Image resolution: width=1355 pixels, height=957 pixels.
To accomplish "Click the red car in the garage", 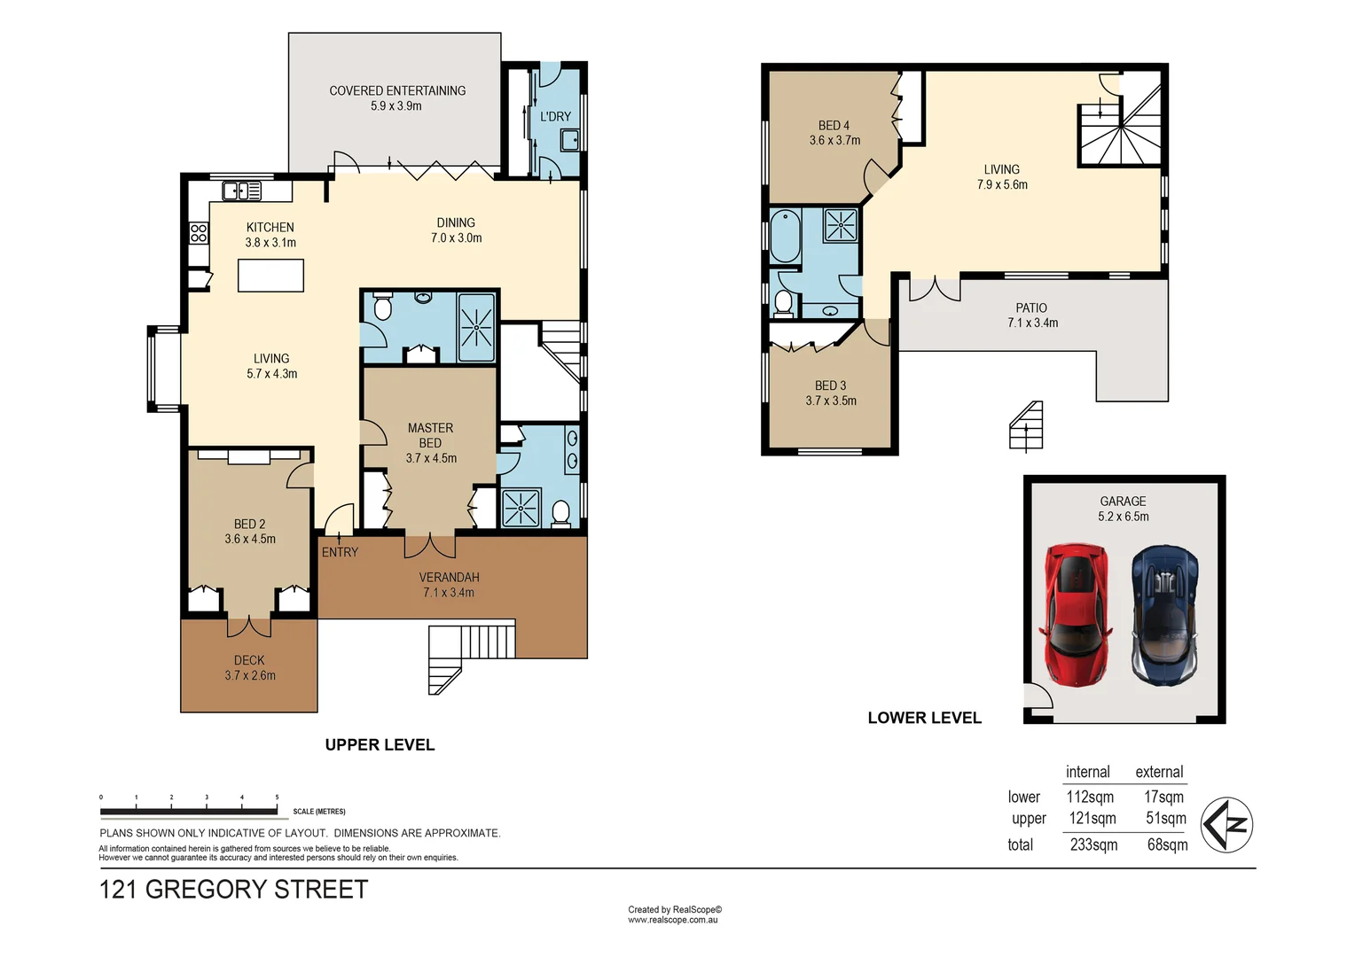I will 1076,614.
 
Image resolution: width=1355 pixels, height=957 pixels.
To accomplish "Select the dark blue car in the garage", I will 1164,614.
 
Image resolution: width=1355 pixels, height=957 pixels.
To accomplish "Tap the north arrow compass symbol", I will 1226,825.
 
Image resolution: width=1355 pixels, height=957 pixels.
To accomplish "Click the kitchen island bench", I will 270,276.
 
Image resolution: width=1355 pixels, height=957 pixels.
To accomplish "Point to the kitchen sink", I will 241,191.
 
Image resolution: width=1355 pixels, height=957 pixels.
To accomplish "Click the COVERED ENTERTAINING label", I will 397,90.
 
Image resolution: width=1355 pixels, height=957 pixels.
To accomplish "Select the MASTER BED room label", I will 430,435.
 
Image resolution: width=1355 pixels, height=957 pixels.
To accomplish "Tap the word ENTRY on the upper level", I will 340,552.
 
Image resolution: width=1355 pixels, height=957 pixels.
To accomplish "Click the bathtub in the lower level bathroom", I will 785,236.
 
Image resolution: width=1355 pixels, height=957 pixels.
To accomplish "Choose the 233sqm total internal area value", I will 1093,844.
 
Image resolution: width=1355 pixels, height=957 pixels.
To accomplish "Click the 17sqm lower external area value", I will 1163,797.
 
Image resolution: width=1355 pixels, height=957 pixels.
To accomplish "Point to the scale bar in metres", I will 189,810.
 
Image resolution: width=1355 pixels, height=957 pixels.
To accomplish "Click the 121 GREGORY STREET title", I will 233,889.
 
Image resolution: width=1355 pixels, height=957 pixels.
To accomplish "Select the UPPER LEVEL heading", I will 380,745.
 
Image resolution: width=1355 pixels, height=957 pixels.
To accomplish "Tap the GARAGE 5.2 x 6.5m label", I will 1123,509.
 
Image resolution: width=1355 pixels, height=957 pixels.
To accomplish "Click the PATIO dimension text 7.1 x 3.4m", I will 1032,323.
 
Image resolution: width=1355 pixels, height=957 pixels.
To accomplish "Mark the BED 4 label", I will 834,126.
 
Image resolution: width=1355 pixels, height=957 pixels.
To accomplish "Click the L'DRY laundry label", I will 555,116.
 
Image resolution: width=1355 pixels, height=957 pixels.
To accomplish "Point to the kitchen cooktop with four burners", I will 199,233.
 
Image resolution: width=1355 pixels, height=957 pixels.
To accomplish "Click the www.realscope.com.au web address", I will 672,920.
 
